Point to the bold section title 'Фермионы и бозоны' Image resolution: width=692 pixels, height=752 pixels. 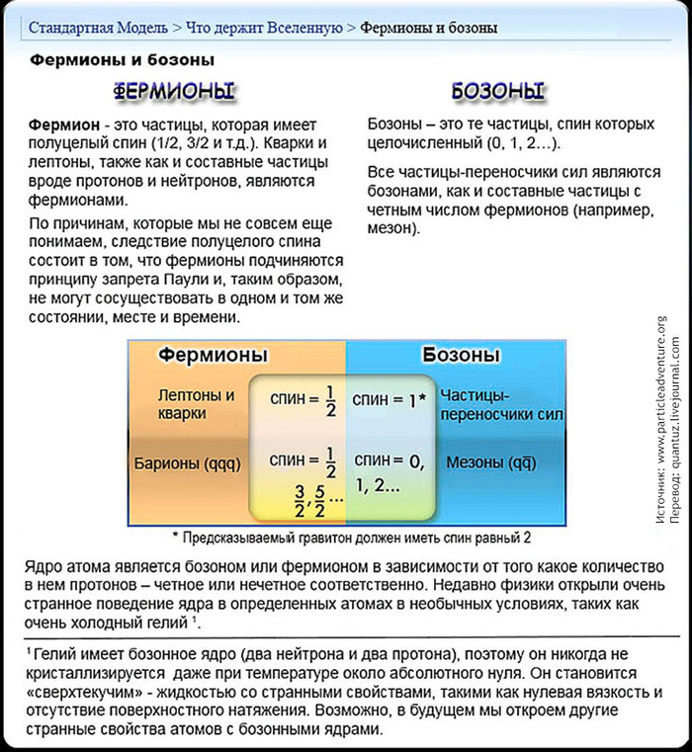122,60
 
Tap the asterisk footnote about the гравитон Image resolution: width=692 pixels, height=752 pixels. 351,538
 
